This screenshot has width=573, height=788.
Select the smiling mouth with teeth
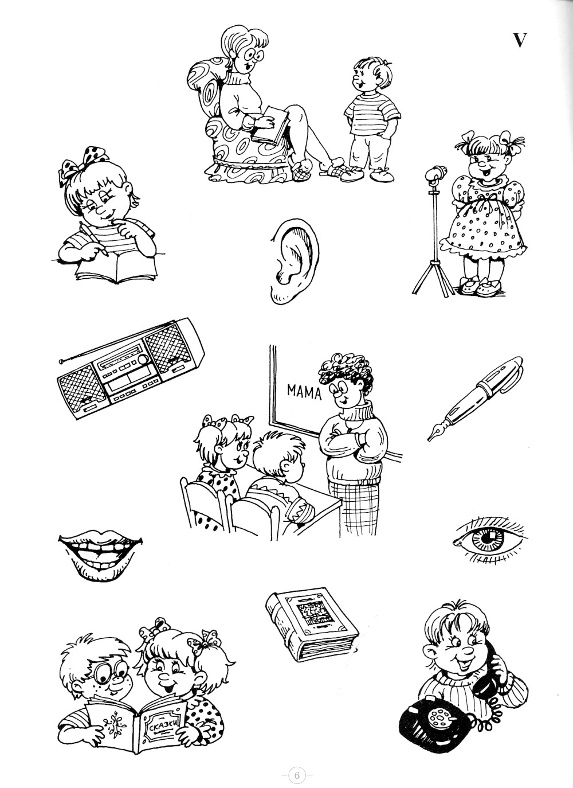tap(100, 556)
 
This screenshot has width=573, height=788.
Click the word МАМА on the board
tap(304, 392)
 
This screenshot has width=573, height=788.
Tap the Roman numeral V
tap(520, 41)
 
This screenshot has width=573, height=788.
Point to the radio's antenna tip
tap(61, 361)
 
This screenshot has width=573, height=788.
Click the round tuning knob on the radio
tap(143, 359)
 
